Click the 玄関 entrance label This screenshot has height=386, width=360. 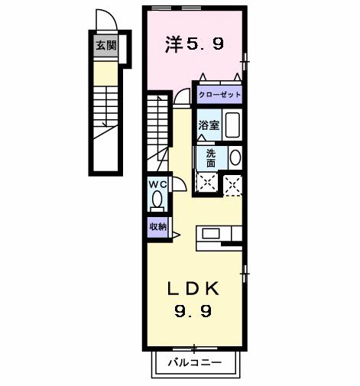point(106,45)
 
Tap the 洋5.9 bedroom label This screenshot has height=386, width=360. point(195,44)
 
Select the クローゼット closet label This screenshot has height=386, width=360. point(219,95)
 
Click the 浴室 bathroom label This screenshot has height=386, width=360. point(210,125)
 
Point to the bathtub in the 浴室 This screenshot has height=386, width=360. point(233,125)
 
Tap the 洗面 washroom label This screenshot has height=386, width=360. point(210,157)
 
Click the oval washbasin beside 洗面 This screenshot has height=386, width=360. point(235,157)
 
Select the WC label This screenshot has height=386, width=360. point(157,184)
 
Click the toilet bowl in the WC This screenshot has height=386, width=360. point(157,200)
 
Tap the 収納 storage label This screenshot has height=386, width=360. point(157,226)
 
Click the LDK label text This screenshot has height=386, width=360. point(193,288)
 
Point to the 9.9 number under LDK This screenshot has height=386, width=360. point(193,311)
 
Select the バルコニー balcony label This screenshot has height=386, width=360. point(195,364)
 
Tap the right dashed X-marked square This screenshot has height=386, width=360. point(232,183)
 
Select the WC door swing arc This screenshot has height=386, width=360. point(179,184)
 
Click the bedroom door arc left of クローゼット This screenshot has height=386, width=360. point(181,96)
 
